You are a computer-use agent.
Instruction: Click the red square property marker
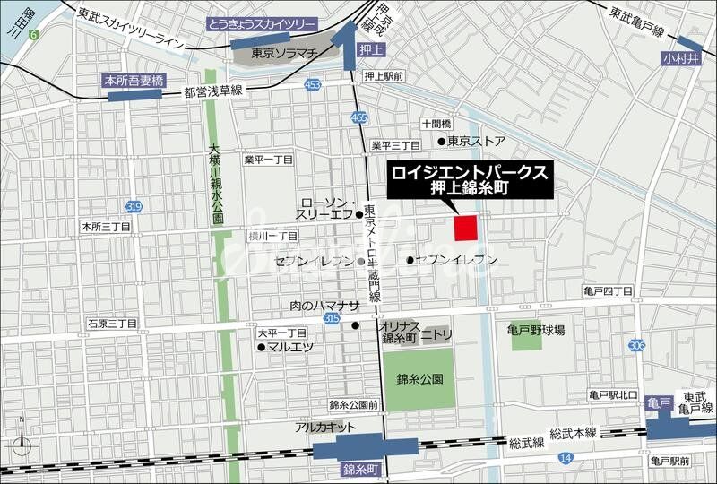tap(465, 229)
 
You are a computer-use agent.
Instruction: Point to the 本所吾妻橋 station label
tap(134, 80)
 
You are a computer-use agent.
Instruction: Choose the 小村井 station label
tap(679, 59)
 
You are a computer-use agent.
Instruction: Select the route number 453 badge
tap(312, 84)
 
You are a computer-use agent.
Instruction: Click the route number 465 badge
tap(359, 117)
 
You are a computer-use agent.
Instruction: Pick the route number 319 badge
tap(134, 207)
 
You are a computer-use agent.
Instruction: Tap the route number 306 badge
tap(637, 345)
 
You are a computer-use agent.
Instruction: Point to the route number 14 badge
tap(565, 457)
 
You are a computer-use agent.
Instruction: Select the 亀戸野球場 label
tap(536, 331)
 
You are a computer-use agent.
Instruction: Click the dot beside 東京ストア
tap(441, 142)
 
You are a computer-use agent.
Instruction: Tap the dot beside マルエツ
tap(261, 346)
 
